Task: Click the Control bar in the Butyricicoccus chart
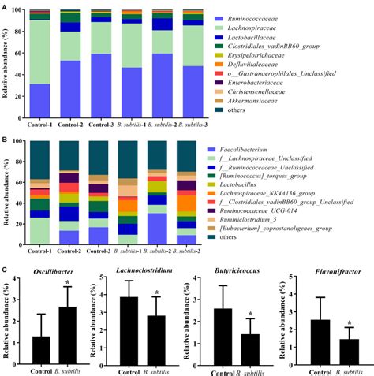217,335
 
